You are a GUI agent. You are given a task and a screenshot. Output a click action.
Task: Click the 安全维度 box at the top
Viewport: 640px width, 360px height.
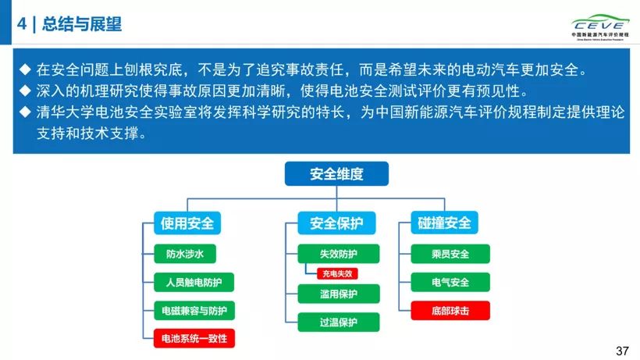336,173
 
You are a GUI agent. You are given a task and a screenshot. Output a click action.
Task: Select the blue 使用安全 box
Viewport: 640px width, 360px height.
187,223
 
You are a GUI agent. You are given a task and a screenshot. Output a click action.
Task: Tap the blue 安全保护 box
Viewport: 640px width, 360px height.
336,223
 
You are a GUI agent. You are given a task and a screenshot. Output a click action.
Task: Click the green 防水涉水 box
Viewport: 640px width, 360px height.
184,254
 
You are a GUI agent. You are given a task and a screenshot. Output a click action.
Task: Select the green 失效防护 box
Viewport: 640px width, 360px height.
338,254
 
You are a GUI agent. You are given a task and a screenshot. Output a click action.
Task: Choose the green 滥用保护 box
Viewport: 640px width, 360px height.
338,294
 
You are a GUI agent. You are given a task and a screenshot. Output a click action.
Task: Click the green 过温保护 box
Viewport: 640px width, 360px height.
338,322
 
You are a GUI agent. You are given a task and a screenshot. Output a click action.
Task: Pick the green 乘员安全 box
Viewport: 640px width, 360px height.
450,254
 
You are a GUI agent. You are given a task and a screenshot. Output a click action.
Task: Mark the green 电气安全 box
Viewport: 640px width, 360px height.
450,282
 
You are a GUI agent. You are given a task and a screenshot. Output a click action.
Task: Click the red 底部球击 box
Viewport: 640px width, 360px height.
450,310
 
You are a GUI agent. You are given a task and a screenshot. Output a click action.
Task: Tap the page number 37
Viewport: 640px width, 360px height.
622,351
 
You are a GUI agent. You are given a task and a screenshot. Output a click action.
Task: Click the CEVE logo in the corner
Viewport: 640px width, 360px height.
598,24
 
